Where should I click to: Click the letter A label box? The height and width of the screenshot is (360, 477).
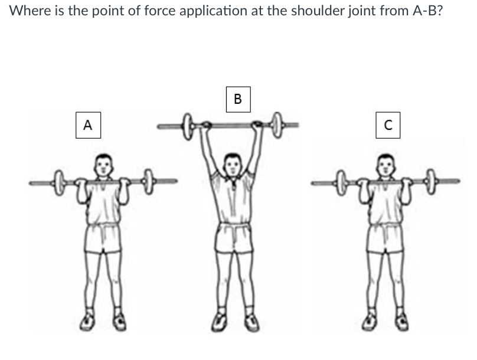tap(88, 125)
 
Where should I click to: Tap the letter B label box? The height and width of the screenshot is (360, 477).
tap(238, 99)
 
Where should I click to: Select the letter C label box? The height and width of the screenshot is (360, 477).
tap(387, 125)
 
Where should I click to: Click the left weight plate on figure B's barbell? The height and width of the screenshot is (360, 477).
tap(188, 126)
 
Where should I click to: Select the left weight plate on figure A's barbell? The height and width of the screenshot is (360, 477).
tap(59, 178)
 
